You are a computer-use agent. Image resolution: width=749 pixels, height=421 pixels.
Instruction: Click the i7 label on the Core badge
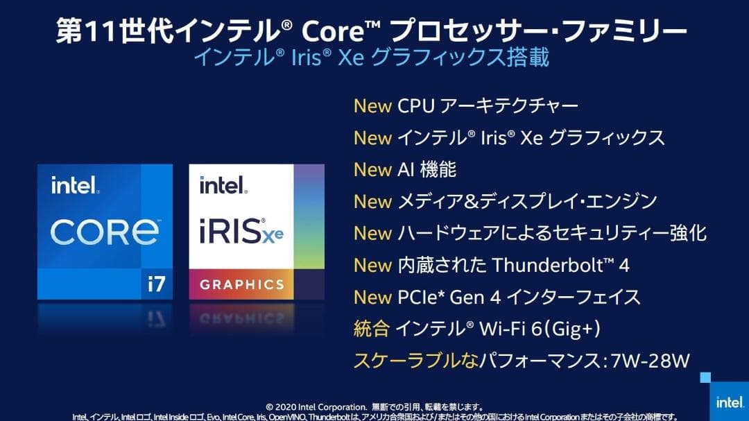point(157,284)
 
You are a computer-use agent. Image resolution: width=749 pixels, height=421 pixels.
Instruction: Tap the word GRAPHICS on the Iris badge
point(242,285)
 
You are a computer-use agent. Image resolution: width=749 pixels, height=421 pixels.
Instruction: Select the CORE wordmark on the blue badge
point(105,232)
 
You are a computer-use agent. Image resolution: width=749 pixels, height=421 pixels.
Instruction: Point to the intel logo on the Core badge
point(75,185)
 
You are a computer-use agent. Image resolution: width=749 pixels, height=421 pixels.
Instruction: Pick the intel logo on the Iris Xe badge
point(223,185)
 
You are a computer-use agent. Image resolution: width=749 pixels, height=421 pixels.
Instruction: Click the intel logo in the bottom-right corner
point(730,402)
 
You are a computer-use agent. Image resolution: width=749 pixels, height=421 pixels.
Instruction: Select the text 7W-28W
point(650,360)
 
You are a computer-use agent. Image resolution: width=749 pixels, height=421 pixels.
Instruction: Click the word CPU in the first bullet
point(415,106)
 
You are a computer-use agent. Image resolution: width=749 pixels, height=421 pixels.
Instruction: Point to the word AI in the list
point(405,170)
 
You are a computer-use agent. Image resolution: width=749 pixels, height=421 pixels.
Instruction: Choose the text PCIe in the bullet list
point(417,298)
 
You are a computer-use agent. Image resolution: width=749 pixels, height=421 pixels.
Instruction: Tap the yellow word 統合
point(371,329)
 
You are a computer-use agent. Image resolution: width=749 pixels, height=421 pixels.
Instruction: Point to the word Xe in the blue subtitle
point(351,58)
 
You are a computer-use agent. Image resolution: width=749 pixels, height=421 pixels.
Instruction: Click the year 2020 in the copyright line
point(286,407)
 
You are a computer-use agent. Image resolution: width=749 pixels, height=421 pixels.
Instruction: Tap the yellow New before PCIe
point(372,298)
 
